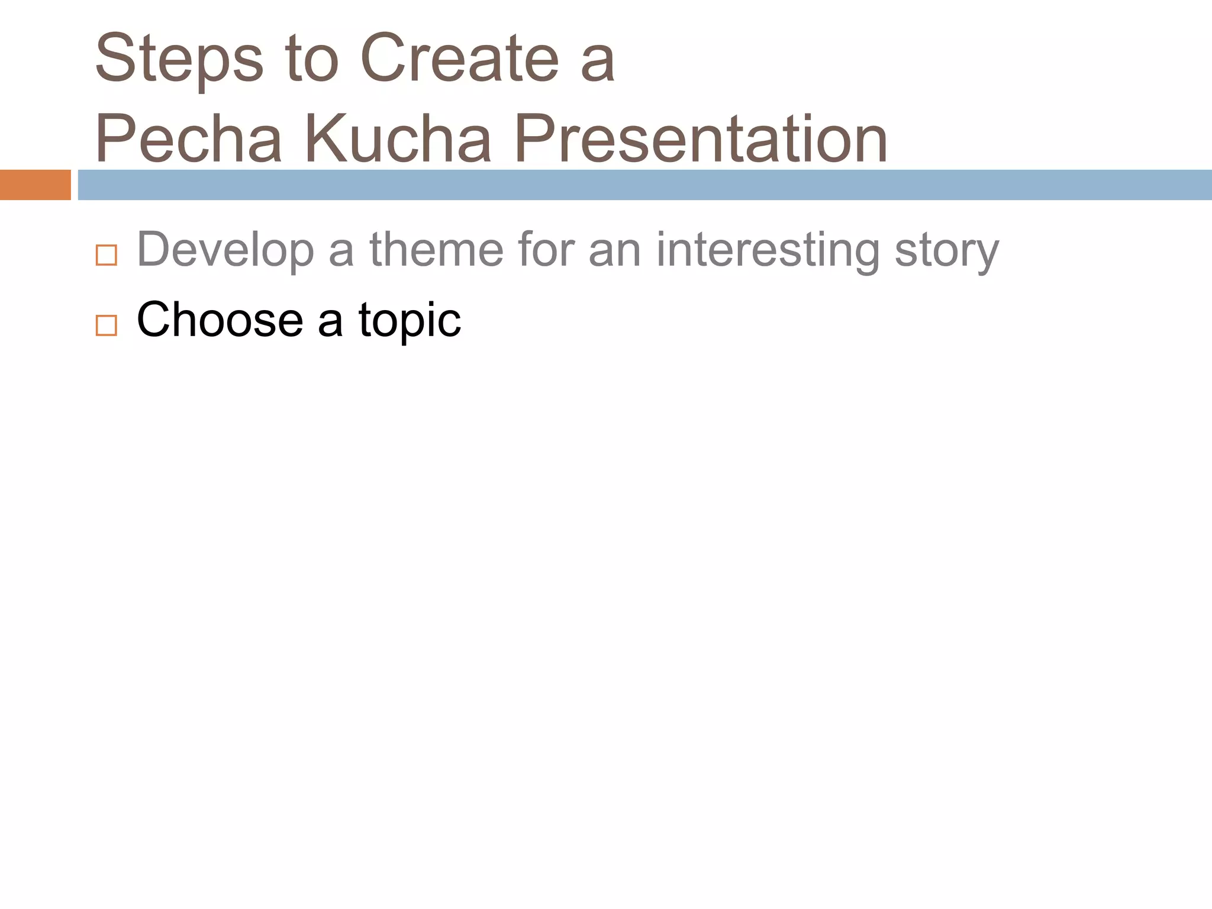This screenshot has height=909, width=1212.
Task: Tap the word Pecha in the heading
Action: coord(188,140)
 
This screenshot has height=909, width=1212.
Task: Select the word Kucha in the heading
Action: coord(398,140)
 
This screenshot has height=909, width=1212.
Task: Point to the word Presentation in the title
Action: coord(701,140)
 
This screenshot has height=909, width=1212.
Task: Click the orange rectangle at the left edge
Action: coord(35,185)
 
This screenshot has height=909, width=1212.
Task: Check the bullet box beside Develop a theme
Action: coord(107,255)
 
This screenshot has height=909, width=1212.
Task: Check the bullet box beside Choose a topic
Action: coord(107,325)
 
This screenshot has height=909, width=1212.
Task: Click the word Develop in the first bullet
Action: coord(225,251)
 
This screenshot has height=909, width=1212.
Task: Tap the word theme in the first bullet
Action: coord(436,250)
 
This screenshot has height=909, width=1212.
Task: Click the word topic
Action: coord(410,321)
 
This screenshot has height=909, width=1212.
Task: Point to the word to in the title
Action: coord(312,59)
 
